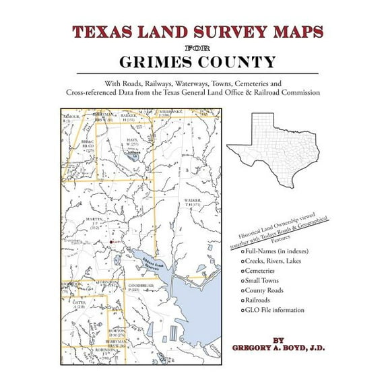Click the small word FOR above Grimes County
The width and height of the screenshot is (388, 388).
coord(194,48)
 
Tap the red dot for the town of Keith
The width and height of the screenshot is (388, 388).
coord(111,241)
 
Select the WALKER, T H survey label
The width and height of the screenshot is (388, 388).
coord(194,204)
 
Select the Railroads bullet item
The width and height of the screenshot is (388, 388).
coord(265,300)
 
